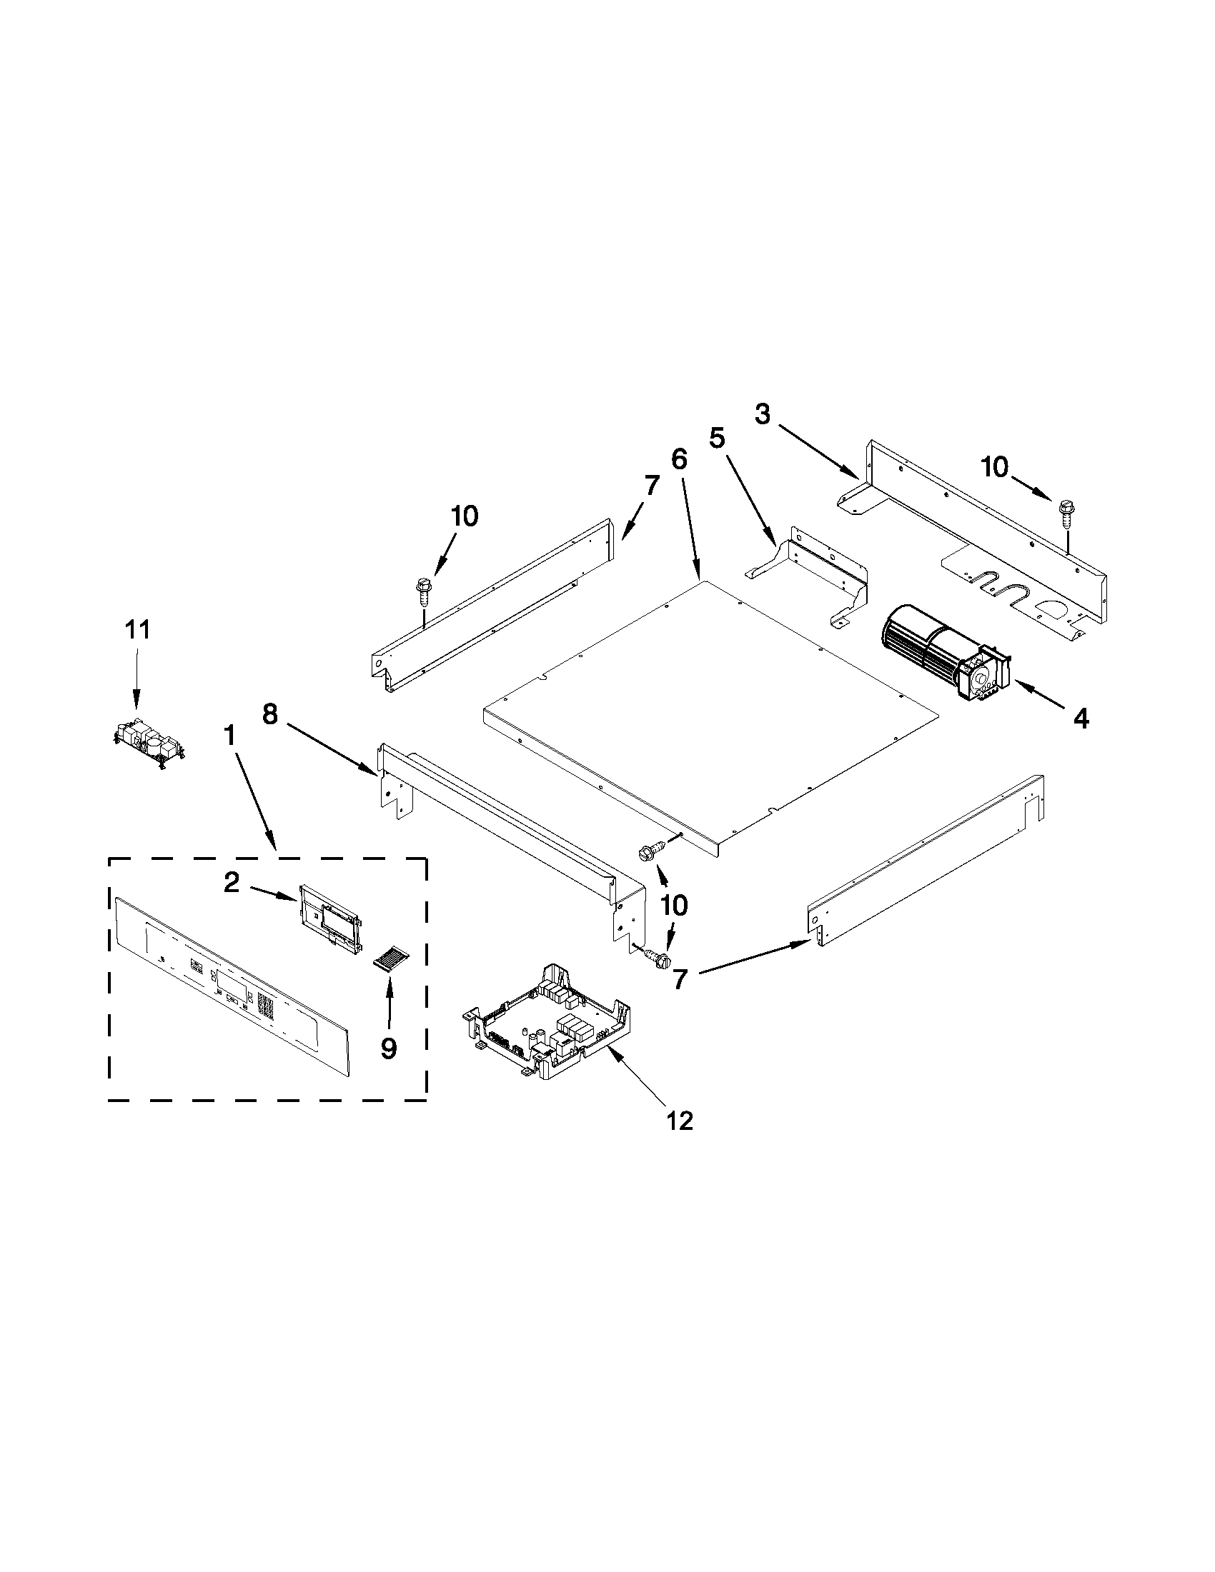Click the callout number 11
click(x=137, y=630)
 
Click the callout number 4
click(x=1081, y=718)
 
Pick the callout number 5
click(x=717, y=439)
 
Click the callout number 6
click(x=679, y=459)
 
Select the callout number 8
click(x=269, y=715)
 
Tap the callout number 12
click(x=680, y=1120)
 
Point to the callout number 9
click(x=388, y=1048)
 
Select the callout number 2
click(x=230, y=883)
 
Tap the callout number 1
click(x=229, y=736)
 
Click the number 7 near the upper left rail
click(x=651, y=486)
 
